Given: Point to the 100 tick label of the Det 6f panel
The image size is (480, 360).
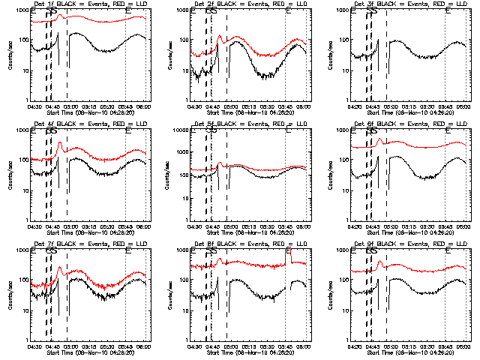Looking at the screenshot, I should [x=344, y=160].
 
